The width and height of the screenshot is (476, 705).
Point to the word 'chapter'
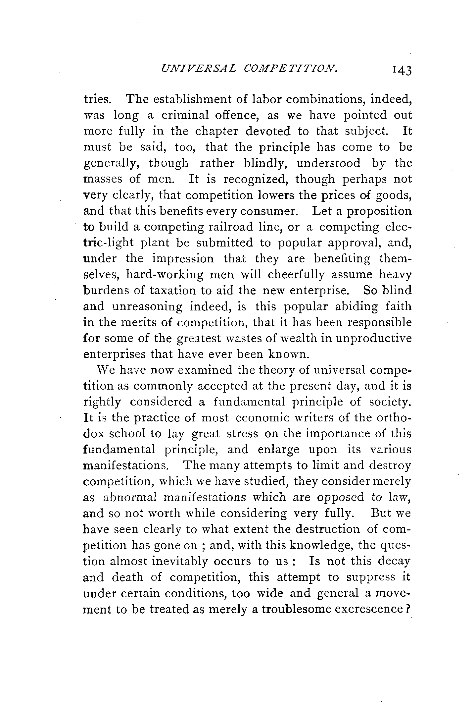(217, 132)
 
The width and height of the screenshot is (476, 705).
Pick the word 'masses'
(103, 179)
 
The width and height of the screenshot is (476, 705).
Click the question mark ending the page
(408, 609)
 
